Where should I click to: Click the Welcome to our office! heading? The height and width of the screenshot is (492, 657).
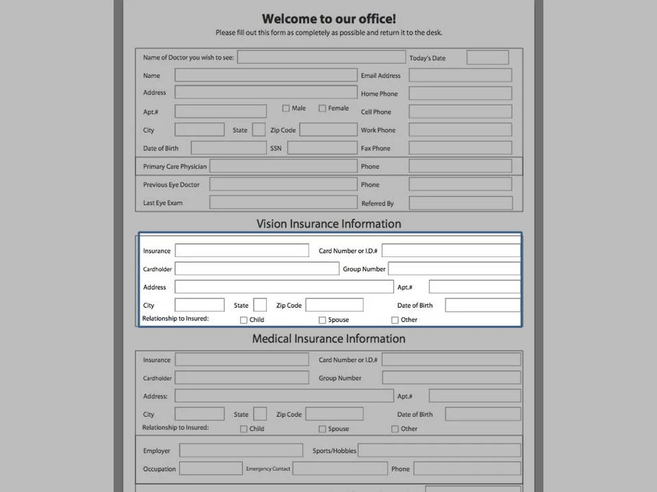click(x=328, y=19)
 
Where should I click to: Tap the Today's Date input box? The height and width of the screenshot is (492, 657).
click(x=487, y=58)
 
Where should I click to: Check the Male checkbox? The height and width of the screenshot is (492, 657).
click(x=286, y=108)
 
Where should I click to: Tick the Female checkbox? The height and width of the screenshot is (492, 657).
click(x=322, y=108)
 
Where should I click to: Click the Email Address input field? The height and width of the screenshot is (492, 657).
click(x=460, y=76)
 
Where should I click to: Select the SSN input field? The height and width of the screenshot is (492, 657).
click(x=322, y=148)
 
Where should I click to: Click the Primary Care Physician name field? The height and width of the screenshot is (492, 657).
click(x=283, y=166)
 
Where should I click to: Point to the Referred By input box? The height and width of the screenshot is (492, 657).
click(x=460, y=203)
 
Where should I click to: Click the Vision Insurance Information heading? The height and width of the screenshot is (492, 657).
click(x=328, y=223)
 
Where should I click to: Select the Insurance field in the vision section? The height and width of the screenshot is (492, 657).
click(x=242, y=251)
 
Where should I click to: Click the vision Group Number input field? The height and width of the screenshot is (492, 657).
click(x=454, y=269)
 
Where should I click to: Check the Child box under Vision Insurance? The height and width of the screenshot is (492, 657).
click(x=244, y=320)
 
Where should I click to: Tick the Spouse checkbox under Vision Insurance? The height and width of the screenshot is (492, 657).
click(x=322, y=320)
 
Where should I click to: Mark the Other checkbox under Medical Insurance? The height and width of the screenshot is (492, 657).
click(x=395, y=429)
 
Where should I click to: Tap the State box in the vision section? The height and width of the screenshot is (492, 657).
click(x=260, y=305)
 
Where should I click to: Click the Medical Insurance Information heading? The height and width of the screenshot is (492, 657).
click(x=328, y=339)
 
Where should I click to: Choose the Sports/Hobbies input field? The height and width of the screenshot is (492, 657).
click(x=439, y=450)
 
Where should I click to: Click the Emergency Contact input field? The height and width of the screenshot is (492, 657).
click(x=339, y=469)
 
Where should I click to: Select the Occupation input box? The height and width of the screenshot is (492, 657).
click(x=211, y=469)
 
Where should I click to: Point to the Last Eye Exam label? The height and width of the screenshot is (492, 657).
click(x=163, y=203)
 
